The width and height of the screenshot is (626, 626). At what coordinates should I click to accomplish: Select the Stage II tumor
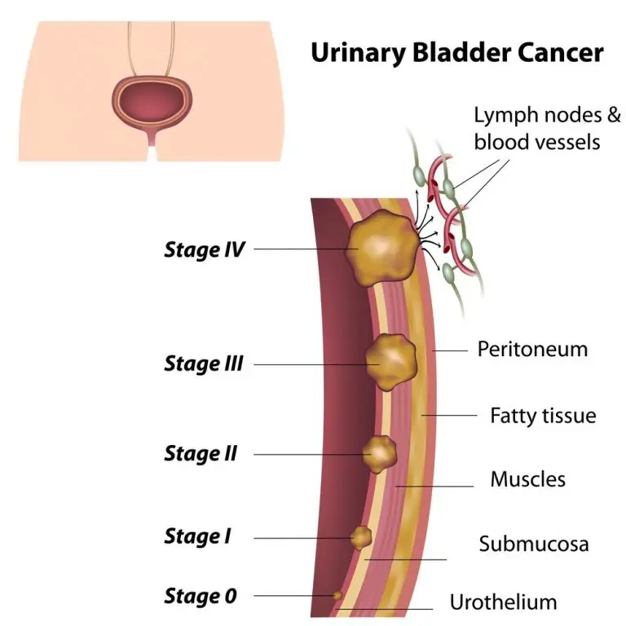pyautogui.click(x=379, y=451)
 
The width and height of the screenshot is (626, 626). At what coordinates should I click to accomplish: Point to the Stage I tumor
pyautogui.click(x=360, y=537)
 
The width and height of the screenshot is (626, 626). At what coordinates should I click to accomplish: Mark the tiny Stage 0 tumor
pyautogui.click(x=337, y=597)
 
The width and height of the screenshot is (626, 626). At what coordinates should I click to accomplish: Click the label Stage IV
pyautogui.click(x=204, y=249)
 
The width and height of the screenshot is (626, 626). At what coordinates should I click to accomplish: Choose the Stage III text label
pyautogui.click(x=204, y=363)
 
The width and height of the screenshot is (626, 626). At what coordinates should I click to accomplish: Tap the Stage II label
pyautogui.click(x=201, y=452)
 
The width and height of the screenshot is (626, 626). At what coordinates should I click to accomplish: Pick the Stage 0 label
pyautogui.click(x=200, y=596)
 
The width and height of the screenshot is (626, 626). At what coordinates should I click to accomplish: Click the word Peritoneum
pyautogui.click(x=532, y=349)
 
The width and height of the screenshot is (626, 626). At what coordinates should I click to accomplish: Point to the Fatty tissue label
pyautogui.click(x=543, y=416)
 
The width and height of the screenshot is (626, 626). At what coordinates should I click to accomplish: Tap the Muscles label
pyautogui.click(x=527, y=478)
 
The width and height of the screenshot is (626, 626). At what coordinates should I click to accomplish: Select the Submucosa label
pyautogui.click(x=534, y=543)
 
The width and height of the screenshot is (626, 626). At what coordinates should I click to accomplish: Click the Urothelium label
pyautogui.click(x=504, y=602)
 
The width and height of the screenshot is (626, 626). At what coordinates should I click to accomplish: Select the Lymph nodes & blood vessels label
pyautogui.click(x=536, y=128)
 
